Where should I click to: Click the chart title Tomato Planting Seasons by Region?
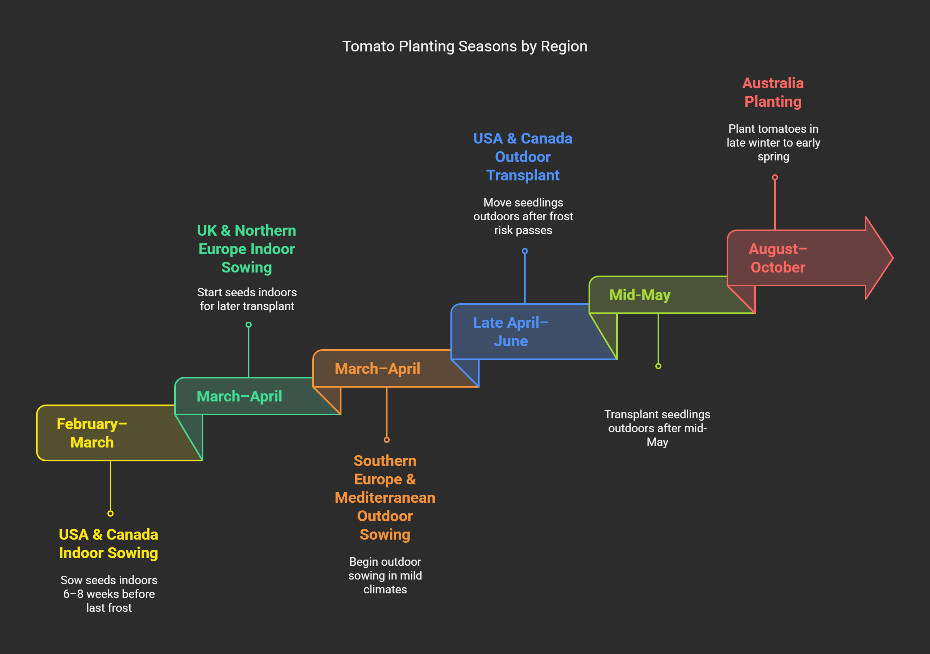click(x=465, y=46)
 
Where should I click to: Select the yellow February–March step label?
click(x=92, y=433)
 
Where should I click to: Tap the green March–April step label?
click(x=239, y=396)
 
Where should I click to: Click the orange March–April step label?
click(x=377, y=369)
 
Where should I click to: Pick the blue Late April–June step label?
click(x=510, y=332)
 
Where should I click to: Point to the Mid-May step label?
click(x=640, y=295)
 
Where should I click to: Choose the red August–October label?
click(x=777, y=258)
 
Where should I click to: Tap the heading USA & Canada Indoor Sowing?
click(x=108, y=543)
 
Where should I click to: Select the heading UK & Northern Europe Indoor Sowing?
click(x=246, y=249)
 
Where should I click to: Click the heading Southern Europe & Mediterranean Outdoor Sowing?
click(x=385, y=497)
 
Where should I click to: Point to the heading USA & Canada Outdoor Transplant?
click(x=523, y=157)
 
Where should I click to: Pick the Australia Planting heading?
click(x=772, y=92)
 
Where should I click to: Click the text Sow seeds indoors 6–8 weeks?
click(x=109, y=594)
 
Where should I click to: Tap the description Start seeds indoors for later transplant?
click(x=247, y=299)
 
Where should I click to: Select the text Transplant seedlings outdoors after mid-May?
click(x=657, y=428)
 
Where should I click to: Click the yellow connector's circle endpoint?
click(x=110, y=514)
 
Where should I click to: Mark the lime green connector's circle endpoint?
click(x=658, y=366)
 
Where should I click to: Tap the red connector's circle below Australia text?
click(x=775, y=177)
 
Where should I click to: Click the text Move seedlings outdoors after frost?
click(x=523, y=216)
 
